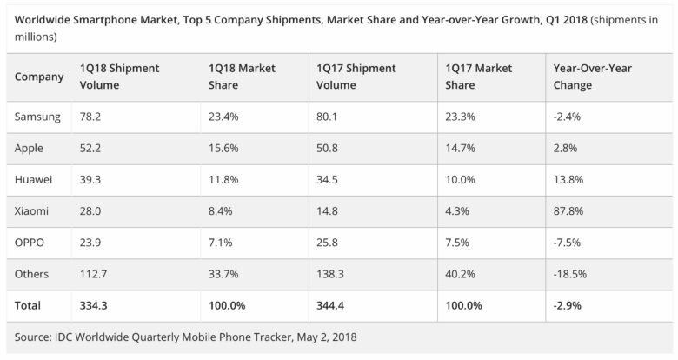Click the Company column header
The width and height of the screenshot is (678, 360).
coord(40,77)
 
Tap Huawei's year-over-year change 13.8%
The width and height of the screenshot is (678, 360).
coord(568,178)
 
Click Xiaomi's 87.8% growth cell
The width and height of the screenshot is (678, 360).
coord(568,210)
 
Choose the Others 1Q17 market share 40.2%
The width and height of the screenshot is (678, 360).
coord(460,273)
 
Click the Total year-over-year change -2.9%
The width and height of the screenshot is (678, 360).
coord(568,304)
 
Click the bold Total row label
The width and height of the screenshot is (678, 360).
coord(30,304)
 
